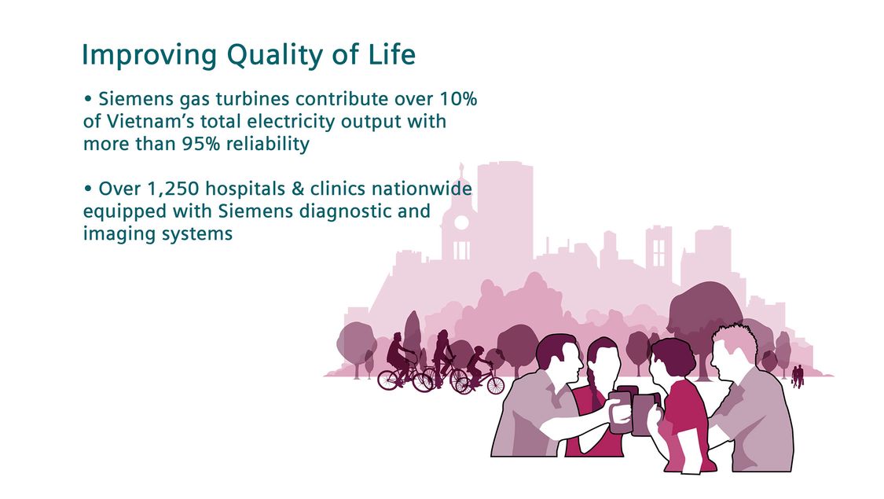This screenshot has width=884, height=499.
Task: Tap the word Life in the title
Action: (x=393, y=54)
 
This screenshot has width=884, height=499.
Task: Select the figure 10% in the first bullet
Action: (x=458, y=99)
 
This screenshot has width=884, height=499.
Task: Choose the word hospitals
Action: (x=245, y=189)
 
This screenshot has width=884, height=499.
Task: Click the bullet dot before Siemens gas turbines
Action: (x=87, y=99)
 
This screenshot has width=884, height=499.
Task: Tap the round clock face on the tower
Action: (x=461, y=222)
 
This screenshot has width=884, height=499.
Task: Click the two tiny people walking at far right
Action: (x=798, y=376)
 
